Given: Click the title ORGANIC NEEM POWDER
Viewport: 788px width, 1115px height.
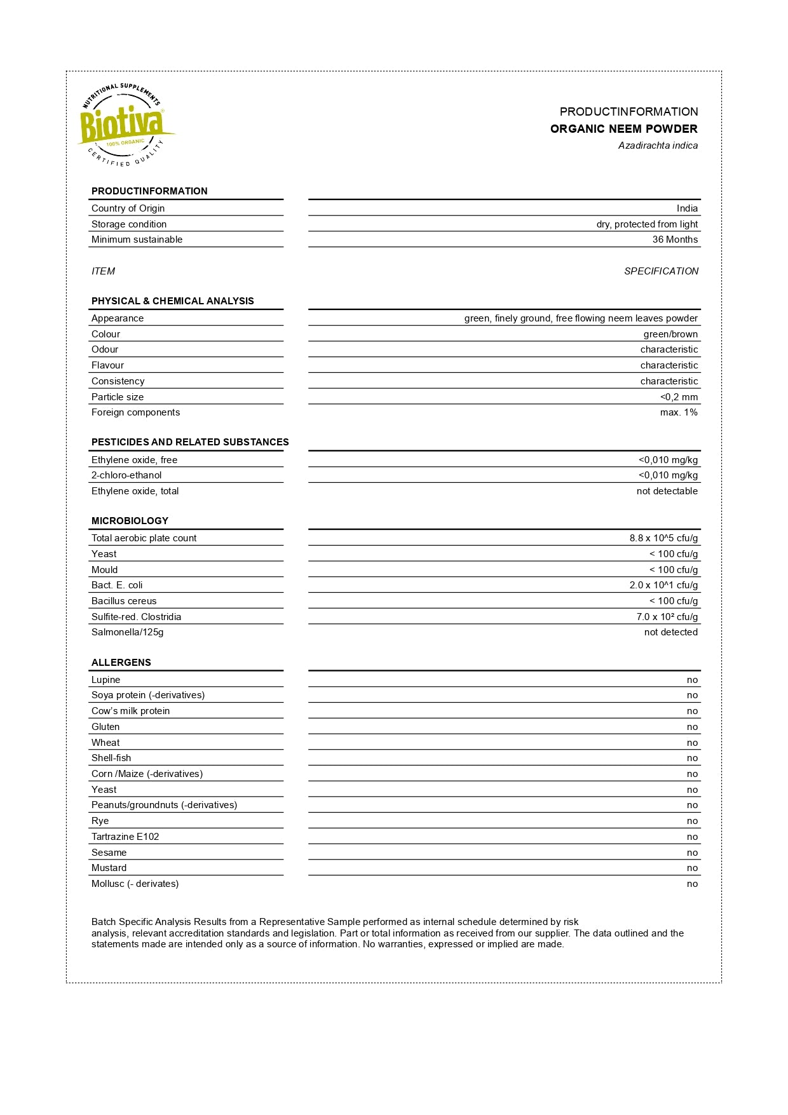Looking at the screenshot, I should (623, 129).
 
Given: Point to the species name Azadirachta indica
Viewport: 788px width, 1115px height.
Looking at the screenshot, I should (658, 145).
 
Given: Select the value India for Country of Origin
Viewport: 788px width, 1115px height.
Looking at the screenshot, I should (687, 208).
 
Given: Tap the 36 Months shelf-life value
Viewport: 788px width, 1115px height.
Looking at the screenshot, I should (675, 240).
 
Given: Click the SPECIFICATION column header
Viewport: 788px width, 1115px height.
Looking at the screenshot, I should (661, 271).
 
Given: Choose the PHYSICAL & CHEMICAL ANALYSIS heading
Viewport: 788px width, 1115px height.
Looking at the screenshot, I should (172, 301).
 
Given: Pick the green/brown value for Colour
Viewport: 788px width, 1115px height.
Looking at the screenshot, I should (670, 334).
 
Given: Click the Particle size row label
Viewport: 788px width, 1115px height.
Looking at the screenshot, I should (118, 397).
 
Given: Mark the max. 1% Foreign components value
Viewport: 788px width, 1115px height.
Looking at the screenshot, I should (679, 412).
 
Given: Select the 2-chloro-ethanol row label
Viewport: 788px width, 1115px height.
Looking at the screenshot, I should (126, 475).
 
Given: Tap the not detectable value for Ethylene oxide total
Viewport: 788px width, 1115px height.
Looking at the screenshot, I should (667, 491).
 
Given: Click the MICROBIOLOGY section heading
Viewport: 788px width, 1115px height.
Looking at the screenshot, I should (130, 521).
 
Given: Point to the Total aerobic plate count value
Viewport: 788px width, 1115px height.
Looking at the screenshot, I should (663, 538).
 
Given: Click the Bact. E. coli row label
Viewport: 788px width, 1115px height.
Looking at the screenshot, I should (117, 585).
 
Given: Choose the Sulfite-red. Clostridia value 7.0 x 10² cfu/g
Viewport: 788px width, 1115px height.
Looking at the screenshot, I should (667, 617).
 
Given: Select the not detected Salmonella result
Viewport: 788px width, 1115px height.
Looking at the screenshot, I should (670, 632).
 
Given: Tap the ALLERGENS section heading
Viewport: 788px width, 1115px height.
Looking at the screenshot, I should (121, 663).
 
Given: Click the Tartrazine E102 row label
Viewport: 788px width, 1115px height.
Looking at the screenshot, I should (125, 837).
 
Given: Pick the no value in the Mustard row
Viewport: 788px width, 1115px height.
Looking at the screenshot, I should (692, 868).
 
